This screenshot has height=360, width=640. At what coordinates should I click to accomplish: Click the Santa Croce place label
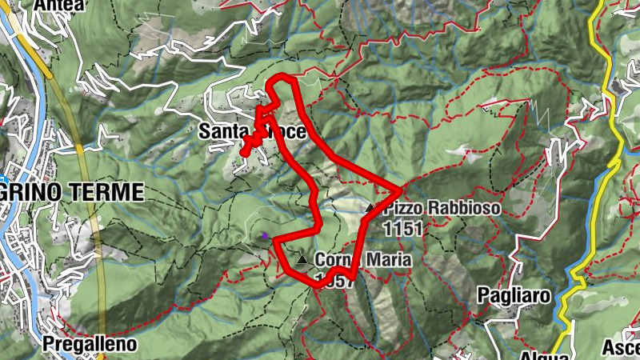(x=252, y=130)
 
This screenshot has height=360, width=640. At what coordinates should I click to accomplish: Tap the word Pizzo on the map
(x=402, y=210)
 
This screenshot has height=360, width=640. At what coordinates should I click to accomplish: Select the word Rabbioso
(x=462, y=210)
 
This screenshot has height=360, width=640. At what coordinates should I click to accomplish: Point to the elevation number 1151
(x=402, y=229)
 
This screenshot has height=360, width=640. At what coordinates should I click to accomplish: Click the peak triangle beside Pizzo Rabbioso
(x=370, y=208)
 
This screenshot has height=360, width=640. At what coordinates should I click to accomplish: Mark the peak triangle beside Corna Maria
(x=302, y=260)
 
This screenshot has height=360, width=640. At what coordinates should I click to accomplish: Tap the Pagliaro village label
(x=514, y=295)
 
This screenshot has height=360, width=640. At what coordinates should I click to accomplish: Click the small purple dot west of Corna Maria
(x=264, y=235)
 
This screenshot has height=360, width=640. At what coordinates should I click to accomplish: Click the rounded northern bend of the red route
(x=281, y=78)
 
